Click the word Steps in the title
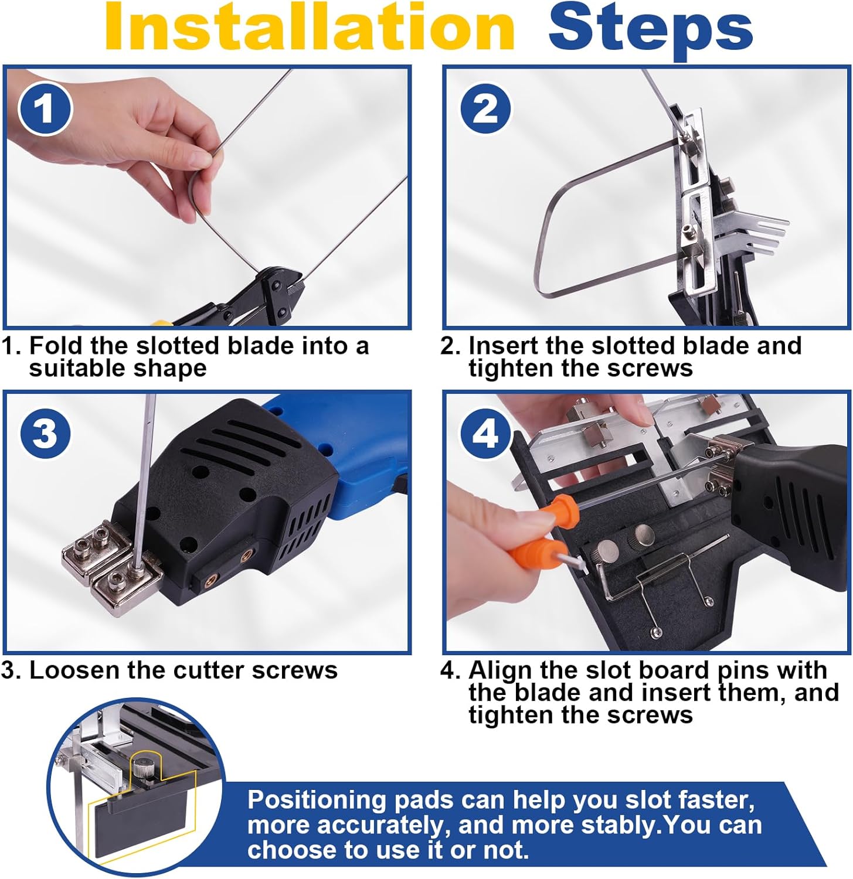point(651,30)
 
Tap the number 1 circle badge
point(45,110)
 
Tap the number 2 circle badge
point(485,110)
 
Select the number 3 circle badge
point(45,435)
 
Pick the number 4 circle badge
point(485,435)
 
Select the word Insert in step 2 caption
point(503,346)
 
